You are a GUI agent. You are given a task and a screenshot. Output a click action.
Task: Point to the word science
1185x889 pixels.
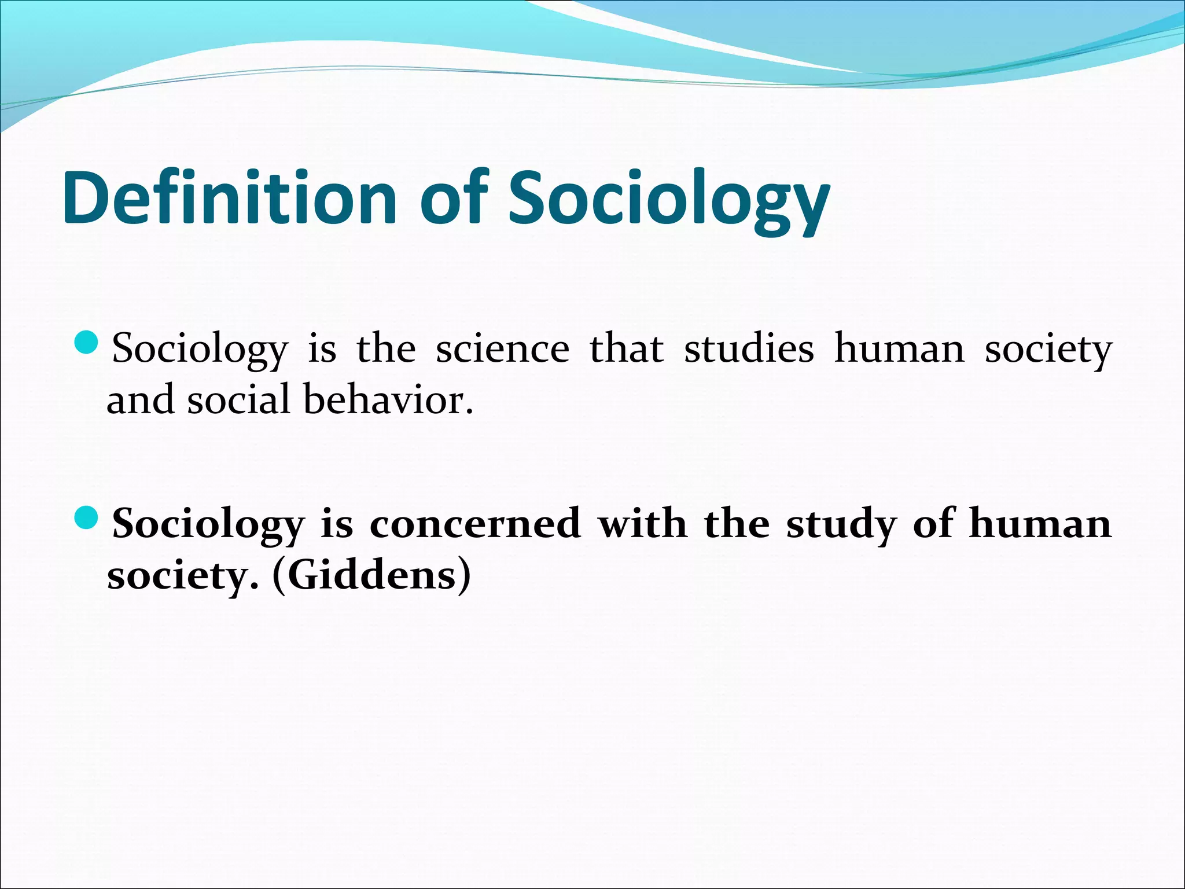click(502, 349)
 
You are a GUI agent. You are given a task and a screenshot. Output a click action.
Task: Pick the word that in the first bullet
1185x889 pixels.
click(627, 349)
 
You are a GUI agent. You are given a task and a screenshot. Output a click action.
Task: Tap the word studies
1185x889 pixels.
click(749, 349)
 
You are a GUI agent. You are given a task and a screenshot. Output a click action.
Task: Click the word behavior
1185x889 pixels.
click(388, 400)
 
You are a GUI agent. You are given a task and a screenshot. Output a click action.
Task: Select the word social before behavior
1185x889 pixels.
click(238, 400)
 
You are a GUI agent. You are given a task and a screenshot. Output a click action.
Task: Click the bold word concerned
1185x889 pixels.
click(474, 523)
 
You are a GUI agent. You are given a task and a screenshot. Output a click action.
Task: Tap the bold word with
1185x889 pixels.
click(642, 523)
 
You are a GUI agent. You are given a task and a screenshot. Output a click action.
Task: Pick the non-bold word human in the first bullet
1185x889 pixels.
click(899, 349)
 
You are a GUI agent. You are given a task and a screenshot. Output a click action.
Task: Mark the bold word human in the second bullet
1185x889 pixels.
click(1040, 523)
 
